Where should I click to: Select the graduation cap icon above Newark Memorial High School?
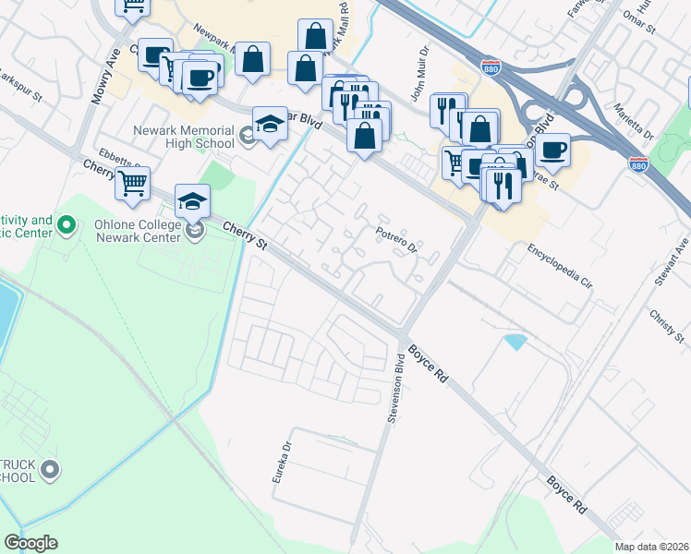269,125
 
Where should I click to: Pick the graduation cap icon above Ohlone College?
192,201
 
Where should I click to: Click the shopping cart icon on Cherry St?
132,184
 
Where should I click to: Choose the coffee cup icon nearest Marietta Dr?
552,150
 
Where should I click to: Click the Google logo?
30,543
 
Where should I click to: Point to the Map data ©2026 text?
652,547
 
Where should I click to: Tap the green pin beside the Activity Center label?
66,224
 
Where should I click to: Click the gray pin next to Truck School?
51,470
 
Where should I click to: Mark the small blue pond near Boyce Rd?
515,342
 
